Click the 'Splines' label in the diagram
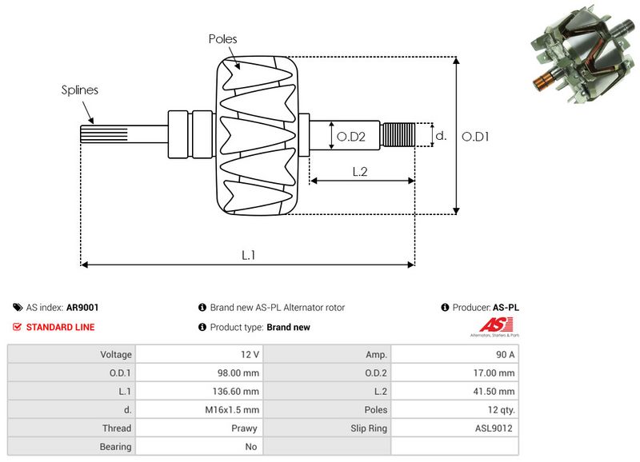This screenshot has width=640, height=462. point(80,90)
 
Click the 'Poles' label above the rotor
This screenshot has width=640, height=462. point(222,38)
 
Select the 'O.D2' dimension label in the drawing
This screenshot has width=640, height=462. point(350,137)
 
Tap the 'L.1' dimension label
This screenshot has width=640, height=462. point(249,254)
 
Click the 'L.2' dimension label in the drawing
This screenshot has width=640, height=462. point(360,170)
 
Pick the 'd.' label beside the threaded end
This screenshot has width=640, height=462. point(440,136)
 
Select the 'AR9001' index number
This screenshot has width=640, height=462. point(82,307)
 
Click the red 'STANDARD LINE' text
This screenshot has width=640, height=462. point(60,327)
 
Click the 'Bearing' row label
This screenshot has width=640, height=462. point(115,447)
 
